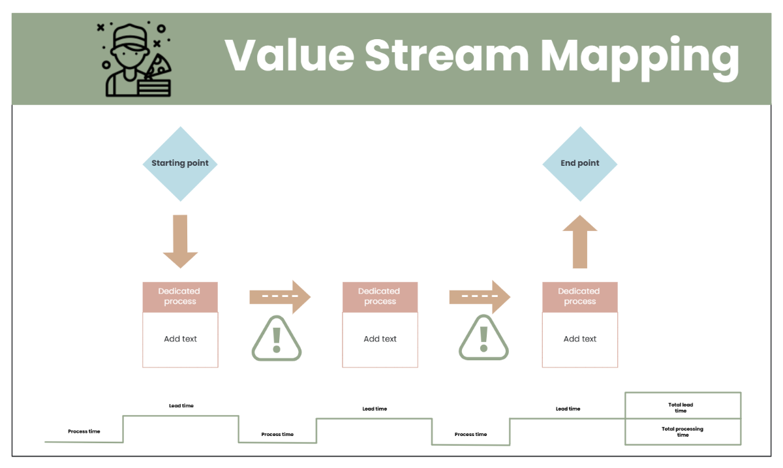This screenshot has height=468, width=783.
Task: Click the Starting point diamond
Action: click(x=180, y=163)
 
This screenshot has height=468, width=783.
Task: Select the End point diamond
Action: click(x=579, y=163)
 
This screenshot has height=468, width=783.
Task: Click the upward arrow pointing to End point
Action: click(x=579, y=242)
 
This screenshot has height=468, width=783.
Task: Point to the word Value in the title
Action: click(x=288, y=55)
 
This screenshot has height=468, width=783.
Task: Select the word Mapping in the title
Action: click(x=639, y=57)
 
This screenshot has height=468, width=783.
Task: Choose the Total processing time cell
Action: click(x=682, y=431)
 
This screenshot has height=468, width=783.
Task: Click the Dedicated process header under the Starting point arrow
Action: click(x=180, y=296)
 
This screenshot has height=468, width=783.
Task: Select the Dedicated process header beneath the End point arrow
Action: click(x=579, y=296)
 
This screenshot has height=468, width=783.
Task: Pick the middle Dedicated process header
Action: click(x=380, y=296)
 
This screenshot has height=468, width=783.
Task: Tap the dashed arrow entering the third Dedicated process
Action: click(x=480, y=297)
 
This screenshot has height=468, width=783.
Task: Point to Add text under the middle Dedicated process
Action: click(x=380, y=339)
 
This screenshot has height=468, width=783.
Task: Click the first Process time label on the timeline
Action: click(x=84, y=431)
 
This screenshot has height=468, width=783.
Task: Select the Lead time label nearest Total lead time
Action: click(x=568, y=409)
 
